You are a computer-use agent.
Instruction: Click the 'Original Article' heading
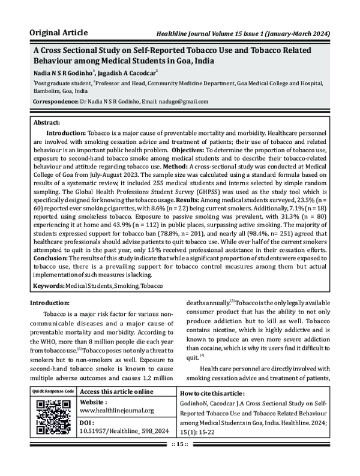59,31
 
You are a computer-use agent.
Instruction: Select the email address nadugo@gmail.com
181,101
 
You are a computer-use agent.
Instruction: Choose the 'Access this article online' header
117,391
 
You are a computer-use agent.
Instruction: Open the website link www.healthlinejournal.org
117,411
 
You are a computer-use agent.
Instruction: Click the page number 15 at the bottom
180,460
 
